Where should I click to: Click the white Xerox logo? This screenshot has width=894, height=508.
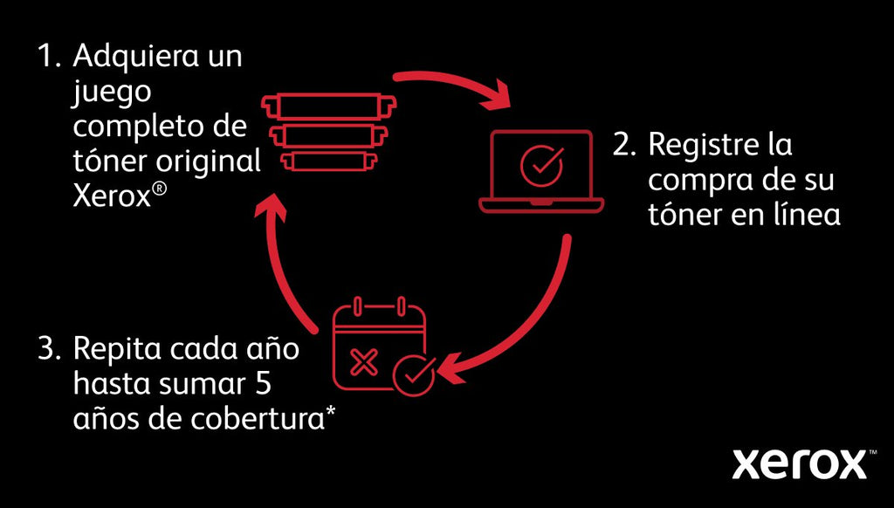tap(798, 464)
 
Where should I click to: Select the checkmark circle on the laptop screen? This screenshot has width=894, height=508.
tap(541, 163)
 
